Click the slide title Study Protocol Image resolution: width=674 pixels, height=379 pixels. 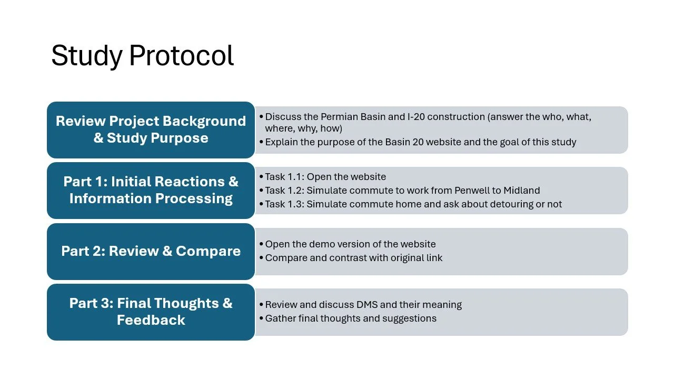(142, 56)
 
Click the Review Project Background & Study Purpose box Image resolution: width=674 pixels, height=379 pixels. (151, 129)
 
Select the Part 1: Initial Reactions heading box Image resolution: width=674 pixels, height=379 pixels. (151, 190)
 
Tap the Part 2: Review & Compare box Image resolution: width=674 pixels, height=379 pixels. (151, 251)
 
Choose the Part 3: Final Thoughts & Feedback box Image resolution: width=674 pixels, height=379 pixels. (151, 312)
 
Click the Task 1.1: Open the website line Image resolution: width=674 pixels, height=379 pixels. (325, 177)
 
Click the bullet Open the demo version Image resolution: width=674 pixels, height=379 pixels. (350, 244)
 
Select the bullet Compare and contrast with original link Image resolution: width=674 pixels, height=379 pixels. (353, 258)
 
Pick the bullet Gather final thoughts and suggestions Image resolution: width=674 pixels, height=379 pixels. (351, 318)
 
